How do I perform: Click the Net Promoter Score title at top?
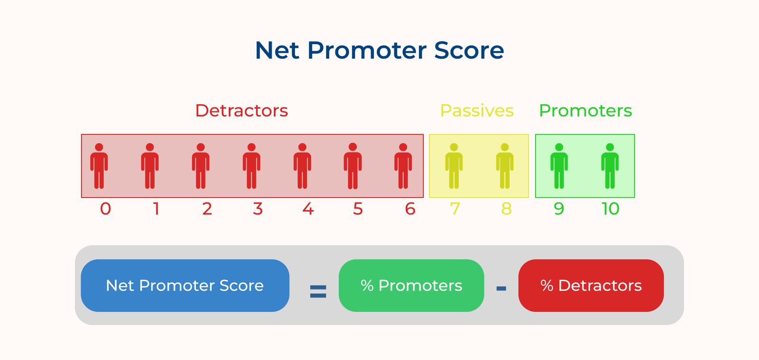point(379,50)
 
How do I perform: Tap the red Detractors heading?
point(241,111)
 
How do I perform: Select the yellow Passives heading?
point(477,111)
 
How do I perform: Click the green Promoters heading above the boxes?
point(585,111)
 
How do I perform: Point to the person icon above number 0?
point(99,166)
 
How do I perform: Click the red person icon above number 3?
point(251,166)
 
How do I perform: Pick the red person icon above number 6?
point(403,166)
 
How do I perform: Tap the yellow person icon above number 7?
point(454,166)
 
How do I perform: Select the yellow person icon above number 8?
point(505,166)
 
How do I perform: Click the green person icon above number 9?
point(559,166)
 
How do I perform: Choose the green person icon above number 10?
point(610,166)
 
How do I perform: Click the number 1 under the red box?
point(156,209)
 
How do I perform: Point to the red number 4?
point(308,209)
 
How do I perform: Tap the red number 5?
point(358,209)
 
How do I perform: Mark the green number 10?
point(611,209)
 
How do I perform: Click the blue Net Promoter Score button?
point(185,286)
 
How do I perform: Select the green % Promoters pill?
point(411,286)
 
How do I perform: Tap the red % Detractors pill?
point(591,286)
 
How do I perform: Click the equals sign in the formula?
point(318,291)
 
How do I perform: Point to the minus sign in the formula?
point(501,288)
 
